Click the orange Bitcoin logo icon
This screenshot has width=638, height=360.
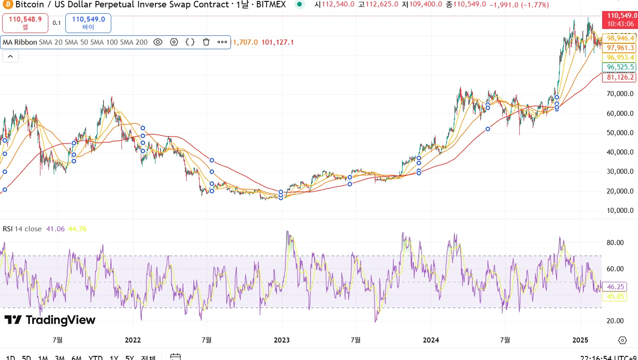(8, 5)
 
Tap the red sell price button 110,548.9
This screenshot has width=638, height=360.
(25, 23)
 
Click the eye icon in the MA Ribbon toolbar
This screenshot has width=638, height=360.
(158, 42)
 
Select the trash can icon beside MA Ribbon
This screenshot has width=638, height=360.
(206, 42)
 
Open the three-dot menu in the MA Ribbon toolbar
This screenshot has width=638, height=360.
(222, 42)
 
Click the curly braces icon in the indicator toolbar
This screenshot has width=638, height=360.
(190, 42)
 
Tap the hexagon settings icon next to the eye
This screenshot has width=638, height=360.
(174, 42)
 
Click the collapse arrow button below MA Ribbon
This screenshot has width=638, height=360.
(11, 57)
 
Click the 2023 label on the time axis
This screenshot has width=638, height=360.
(282, 340)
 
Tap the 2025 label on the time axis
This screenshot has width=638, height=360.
(580, 340)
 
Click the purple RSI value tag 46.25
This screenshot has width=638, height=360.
(615, 286)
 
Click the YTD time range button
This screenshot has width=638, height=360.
(95, 357)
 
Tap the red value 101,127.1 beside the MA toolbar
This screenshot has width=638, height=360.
(277, 42)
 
